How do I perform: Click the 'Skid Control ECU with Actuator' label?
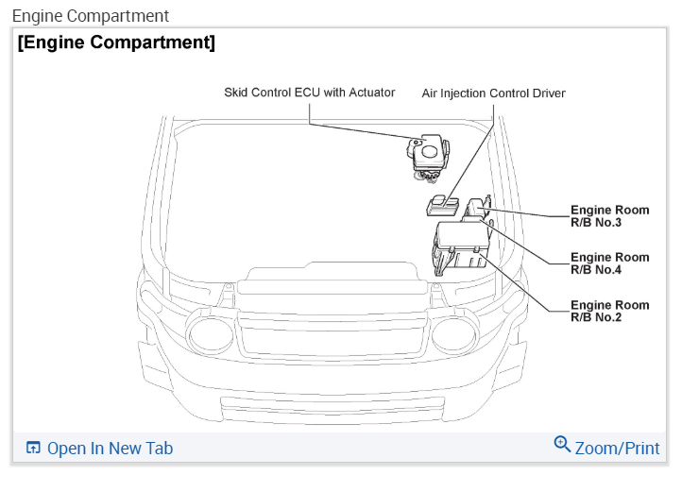tap(309, 93)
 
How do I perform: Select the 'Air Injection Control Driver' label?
tap(493, 93)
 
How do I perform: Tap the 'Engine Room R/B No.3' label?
tap(609, 216)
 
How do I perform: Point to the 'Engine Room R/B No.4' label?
tap(609, 263)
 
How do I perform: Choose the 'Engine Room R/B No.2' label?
tap(609, 312)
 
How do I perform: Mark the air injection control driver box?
tap(441, 204)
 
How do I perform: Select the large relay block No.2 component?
tap(459, 247)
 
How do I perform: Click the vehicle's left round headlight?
tap(209, 333)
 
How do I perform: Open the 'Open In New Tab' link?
tap(110, 449)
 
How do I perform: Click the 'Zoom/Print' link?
tap(617, 448)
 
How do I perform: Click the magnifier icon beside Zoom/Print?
tap(562, 445)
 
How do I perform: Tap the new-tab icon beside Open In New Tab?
tap(34, 449)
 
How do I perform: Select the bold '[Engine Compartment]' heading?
tap(116, 42)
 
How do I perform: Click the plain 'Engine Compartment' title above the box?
tap(91, 16)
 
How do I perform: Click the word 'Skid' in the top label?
tap(235, 93)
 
